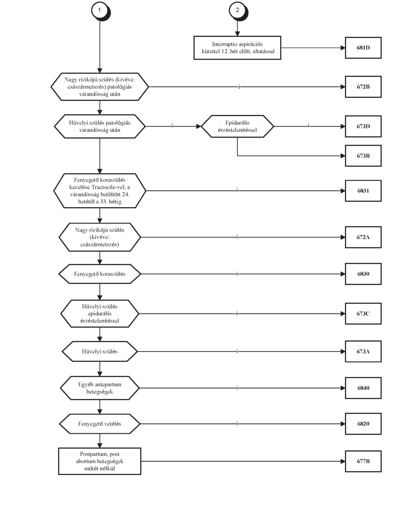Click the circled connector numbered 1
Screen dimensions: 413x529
100,11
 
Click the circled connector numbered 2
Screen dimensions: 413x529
238,11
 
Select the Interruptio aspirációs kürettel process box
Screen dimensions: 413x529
237,48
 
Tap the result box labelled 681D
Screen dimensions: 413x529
363,48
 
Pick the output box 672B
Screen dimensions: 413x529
363,87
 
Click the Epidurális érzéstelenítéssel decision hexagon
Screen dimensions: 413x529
237,126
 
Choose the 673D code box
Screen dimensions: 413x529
363,126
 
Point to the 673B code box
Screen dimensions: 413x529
363,156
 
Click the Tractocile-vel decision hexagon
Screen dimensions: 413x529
100,191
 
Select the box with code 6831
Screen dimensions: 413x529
363,191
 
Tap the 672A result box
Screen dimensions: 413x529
363,237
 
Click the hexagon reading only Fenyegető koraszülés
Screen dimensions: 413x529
100,274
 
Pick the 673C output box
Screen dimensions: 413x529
363,314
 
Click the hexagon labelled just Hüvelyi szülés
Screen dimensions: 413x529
100,352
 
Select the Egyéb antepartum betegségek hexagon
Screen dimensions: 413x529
100,388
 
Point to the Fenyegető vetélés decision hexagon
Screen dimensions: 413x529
100,424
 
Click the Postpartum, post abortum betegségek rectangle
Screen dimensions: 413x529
100,461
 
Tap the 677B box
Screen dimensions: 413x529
363,461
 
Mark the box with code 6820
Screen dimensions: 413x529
363,424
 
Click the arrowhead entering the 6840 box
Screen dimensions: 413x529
343,388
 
